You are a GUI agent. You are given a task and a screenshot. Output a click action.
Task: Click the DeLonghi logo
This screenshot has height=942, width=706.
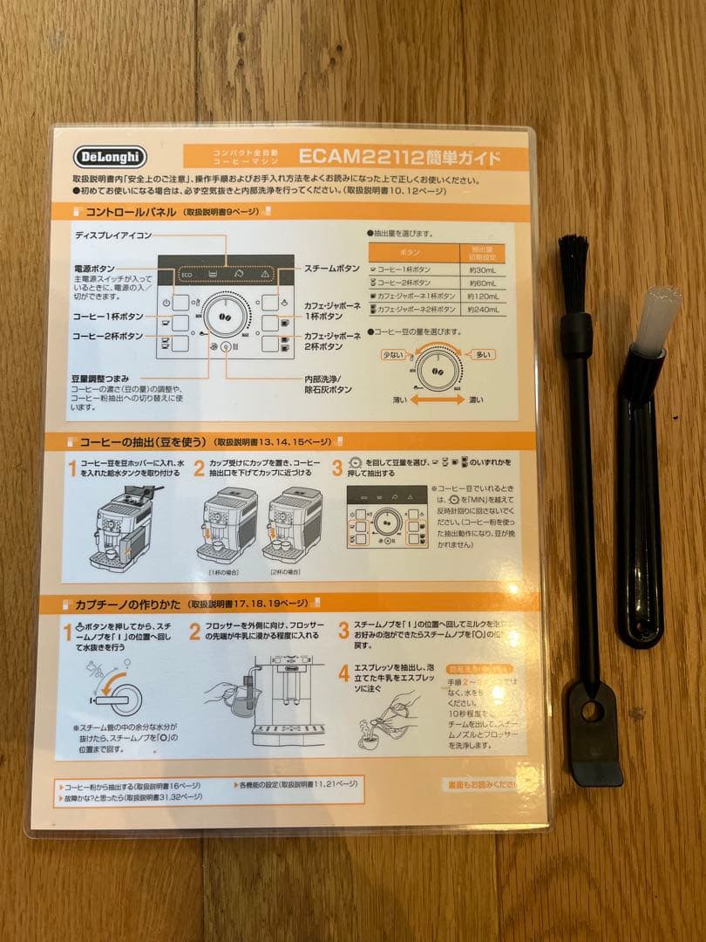point(111,157)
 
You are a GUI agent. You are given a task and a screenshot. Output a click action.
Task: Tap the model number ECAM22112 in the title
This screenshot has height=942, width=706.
point(359,157)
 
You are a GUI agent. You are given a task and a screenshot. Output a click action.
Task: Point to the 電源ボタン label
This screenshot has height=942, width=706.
point(94,269)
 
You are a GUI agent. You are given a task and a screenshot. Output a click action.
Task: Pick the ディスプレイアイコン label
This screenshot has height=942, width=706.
point(113,235)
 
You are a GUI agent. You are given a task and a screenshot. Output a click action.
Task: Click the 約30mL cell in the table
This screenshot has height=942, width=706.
point(481,270)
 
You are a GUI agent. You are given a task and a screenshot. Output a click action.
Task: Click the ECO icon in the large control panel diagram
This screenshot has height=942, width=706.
point(186,275)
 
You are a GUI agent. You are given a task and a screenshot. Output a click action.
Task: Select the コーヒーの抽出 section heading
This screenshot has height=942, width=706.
point(137,441)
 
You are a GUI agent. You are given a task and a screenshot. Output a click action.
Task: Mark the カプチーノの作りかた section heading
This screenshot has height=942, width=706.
point(131,604)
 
